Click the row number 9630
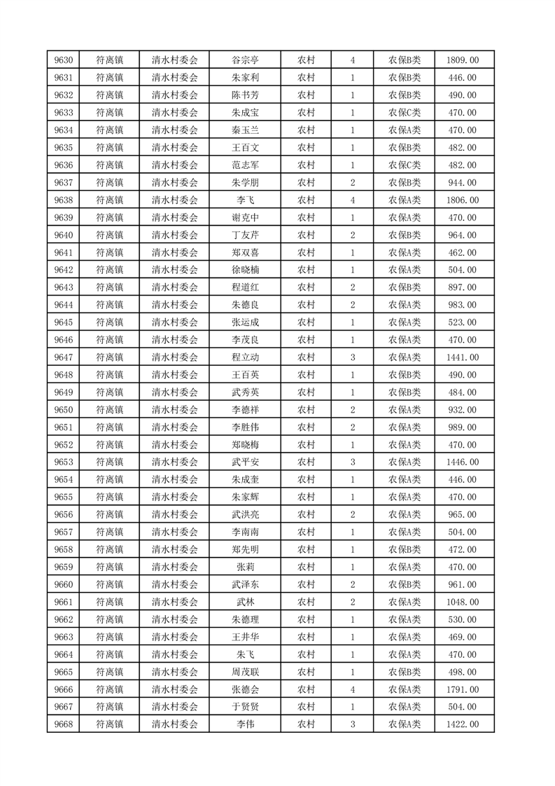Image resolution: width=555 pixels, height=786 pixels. click(62, 60)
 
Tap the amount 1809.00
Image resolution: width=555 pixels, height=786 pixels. click(462, 60)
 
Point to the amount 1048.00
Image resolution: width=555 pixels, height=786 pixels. click(462, 602)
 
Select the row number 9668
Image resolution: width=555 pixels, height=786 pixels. click(62, 724)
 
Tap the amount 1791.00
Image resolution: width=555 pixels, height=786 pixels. click(462, 689)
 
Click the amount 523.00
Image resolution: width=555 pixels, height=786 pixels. click(462, 322)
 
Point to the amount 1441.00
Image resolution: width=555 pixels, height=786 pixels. click(462, 357)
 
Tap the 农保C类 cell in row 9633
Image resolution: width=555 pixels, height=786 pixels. click(404, 113)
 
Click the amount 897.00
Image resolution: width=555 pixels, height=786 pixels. click(462, 287)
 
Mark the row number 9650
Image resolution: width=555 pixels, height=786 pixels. click(62, 410)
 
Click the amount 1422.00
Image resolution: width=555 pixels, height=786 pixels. click(462, 724)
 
